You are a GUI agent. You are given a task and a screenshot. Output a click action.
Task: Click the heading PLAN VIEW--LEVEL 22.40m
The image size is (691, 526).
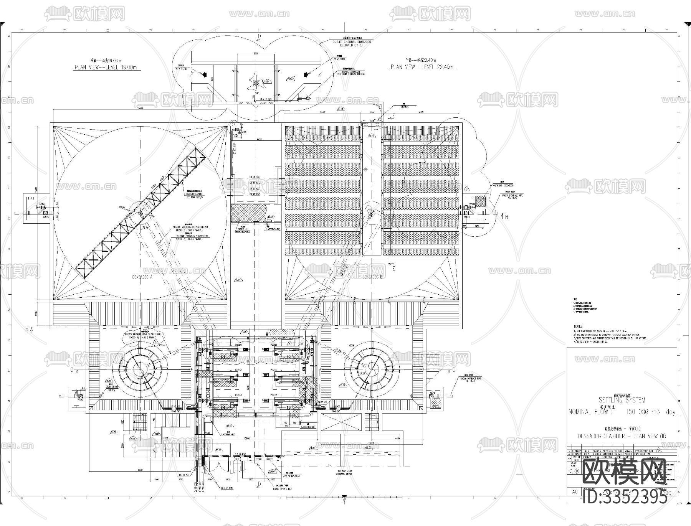coord(422,67)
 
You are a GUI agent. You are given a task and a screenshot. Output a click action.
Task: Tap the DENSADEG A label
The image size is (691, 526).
coord(141,276)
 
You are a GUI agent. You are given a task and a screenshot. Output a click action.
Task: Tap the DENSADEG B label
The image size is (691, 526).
coord(373,276)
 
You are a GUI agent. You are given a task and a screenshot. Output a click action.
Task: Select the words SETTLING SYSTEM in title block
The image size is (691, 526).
coord(622,400)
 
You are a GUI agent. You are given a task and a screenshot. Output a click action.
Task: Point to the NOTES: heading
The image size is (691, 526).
coord(579,326)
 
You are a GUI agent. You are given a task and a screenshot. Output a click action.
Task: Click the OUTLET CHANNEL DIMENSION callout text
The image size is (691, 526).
coord(352,41)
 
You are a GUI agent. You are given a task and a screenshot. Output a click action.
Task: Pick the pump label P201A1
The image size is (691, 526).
coord(238,345)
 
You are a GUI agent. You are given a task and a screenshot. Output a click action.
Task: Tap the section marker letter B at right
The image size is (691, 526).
coord(506,217)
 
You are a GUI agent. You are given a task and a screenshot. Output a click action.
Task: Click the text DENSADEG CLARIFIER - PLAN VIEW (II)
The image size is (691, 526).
coord(622,436)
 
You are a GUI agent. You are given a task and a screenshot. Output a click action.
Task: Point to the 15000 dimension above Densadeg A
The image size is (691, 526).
coord(140,109)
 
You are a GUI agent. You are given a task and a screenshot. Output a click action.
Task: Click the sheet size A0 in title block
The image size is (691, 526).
coord(575,491)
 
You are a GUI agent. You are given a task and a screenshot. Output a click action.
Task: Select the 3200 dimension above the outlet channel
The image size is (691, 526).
coord(256,54)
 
